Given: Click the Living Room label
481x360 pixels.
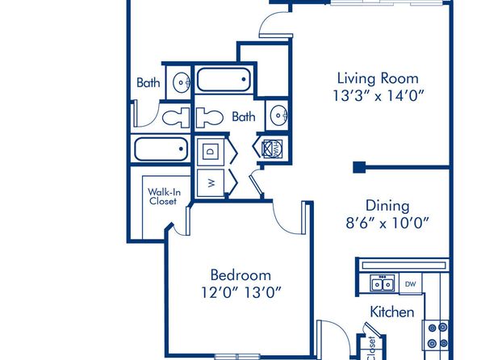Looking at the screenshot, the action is [x=378, y=78].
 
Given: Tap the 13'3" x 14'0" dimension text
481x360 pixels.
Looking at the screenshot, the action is [x=379, y=96].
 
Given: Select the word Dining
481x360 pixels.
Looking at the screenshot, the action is [x=387, y=207].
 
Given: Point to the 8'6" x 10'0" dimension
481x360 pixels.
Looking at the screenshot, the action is [x=387, y=223].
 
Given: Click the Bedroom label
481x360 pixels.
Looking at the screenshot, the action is [x=240, y=275].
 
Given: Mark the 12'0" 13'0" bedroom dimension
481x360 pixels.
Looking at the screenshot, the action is [x=241, y=292].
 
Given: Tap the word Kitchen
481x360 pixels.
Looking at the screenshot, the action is [x=392, y=312].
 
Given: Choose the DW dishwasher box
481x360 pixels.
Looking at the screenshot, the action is [x=411, y=284].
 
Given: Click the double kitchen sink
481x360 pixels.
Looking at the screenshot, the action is [x=383, y=283].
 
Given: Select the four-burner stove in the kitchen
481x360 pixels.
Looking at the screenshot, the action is [x=437, y=335].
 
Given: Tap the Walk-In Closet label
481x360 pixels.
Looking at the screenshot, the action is [x=164, y=197].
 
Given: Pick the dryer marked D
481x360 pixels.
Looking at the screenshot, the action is [x=211, y=151].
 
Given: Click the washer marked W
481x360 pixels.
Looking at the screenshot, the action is [x=211, y=183].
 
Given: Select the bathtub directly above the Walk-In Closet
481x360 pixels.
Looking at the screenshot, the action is [x=161, y=149].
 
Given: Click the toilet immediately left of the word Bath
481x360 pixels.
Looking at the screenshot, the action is [x=209, y=117].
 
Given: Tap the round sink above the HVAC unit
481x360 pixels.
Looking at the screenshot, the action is [x=278, y=115].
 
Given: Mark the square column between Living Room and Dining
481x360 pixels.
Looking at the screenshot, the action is [x=359, y=167].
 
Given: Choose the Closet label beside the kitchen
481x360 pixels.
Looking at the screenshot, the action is [x=371, y=349].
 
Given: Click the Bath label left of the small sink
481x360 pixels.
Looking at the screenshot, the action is [x=148, y=83].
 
